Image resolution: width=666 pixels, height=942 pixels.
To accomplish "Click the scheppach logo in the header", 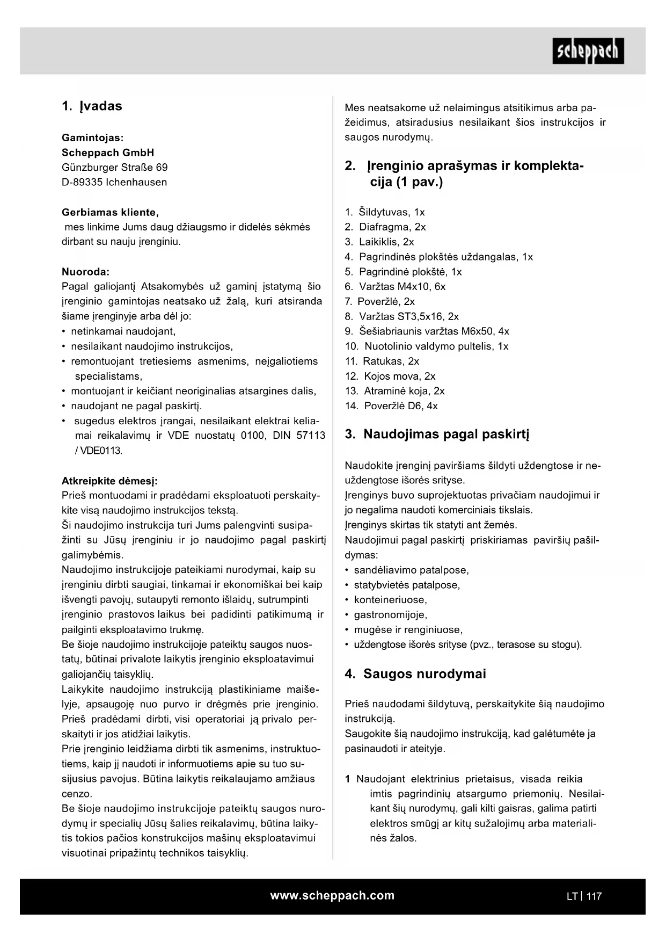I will point(588,51).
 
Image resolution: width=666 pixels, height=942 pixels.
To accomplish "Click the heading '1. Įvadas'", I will point(92,106).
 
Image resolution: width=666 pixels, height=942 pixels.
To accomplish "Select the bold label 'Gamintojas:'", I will point(92,138).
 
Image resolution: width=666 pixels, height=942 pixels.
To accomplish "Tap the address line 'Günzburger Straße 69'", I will point(114,168).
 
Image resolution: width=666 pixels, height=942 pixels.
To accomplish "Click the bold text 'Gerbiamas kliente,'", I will point(110,212).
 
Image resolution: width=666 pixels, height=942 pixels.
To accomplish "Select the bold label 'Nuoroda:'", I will point(85,272).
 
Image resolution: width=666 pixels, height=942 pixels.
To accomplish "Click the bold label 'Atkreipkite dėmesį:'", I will point(109,481).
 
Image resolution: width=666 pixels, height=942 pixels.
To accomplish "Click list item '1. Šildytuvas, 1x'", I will point(385,212).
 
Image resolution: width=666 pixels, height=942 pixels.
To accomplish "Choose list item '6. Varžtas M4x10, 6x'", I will point(395,287).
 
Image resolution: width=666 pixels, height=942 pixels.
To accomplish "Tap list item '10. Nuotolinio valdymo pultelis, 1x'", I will point(427,346).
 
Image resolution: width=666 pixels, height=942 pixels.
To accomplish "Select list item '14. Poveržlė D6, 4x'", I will point(391,406).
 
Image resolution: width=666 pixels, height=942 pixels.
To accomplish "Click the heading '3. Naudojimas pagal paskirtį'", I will point(437,434).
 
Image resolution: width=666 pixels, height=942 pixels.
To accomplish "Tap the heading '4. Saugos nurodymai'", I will point(415,674).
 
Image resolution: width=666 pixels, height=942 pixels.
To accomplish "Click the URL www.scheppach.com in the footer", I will point(332,895).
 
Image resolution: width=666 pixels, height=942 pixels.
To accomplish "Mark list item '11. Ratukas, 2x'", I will point(382,361).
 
